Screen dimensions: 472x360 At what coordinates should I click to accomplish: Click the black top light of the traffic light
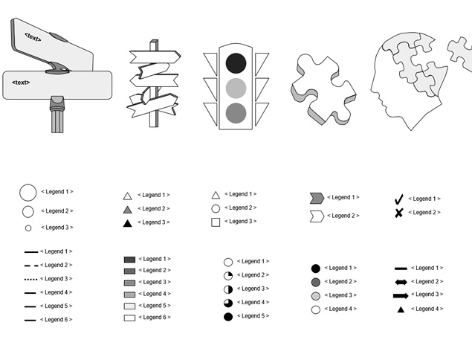(x=236, y=63)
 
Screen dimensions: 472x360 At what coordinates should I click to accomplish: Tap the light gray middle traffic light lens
(x=236, y=89)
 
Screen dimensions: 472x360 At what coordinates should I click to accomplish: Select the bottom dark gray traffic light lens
(x=236, y=113)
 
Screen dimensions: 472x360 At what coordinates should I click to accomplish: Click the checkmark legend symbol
(x=398, y=199)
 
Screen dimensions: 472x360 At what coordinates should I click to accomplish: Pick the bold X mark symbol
(x=398, y=213)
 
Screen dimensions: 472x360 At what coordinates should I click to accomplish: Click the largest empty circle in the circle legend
(x=28, y=193)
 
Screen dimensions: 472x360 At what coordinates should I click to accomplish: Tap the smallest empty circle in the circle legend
(x=28, y=228)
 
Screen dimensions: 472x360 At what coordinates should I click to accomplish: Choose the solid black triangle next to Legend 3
(x=128, y=223)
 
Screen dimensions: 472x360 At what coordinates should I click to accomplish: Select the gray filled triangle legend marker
(x=128, y=210)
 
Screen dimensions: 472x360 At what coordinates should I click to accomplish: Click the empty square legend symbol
(x=216, y=222)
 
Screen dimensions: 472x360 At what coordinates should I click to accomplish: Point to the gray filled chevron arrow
(x=317, y=198)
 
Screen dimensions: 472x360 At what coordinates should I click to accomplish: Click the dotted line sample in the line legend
(x=30, y=280)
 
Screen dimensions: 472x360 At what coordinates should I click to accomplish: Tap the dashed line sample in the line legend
(x=31, y=266)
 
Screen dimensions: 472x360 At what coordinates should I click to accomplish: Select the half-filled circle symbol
(x=228, y=289)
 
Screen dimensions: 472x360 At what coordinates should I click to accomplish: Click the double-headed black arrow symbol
(x=401, y=283)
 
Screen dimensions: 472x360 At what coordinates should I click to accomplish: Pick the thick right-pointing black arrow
(x=401, y=295)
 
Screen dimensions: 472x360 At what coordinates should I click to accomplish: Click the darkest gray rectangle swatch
(x=129, y=260)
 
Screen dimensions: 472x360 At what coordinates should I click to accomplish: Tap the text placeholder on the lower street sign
(x=21, y=83)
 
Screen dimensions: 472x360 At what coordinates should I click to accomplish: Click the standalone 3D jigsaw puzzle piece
(x=323, y=89)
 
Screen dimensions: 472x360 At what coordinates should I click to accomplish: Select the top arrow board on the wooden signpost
(x=155, y=57)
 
